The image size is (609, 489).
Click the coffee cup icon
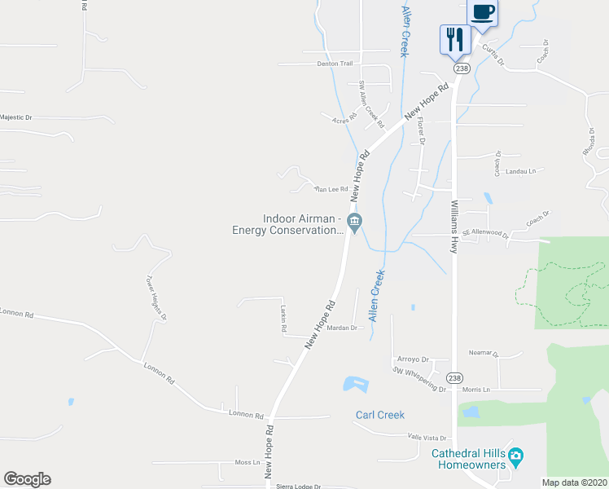[x=482, y=13]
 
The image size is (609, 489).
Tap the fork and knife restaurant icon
[x=454, y=39]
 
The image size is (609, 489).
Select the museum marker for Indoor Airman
[x=354, y=222]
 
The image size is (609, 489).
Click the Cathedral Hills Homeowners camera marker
[x=515, y=455]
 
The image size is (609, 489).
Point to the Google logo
[x=27, y=479]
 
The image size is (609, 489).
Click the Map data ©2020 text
[x=574, y=482]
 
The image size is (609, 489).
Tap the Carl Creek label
[x=379, y=415]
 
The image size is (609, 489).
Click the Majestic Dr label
[x=15, y=117]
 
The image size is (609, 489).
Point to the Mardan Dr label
[x=343, y=328]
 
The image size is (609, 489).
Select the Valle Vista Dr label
[x=427, y=438]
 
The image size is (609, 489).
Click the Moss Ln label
[x=247, y=462]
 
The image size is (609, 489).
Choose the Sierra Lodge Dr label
[x=295, y=485]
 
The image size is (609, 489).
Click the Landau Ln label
[x=521, y=171]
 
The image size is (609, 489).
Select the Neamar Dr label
[x=483, y=353]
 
